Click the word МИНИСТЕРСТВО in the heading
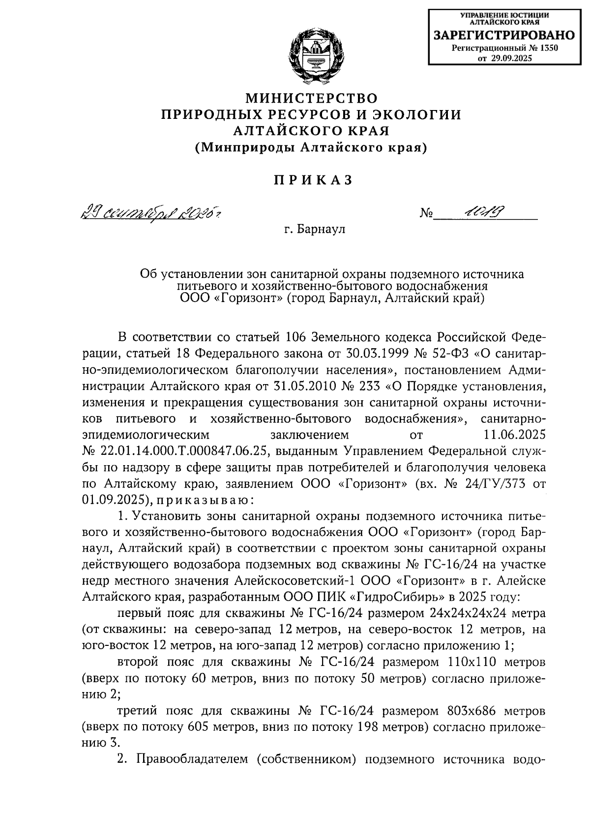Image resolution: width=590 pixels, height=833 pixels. pyautogui.click(x=312, y=98)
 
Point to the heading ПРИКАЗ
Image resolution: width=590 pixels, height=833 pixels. pyautogui.click(x=313, y=180)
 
